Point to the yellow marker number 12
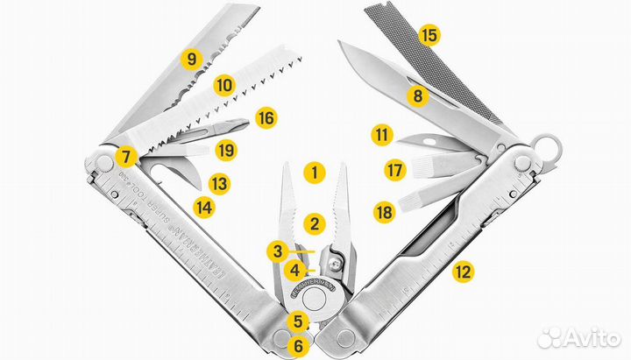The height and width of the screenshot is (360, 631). coord(463,272)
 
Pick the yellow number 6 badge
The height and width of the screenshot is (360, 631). coord(298,346)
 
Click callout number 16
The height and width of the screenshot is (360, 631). coord(266,116)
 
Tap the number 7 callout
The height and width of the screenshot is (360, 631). coord(126,158)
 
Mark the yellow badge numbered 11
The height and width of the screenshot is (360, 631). coord(380,136)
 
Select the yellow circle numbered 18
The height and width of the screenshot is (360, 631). coord(382,211)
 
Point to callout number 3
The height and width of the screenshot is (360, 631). coord(278,251)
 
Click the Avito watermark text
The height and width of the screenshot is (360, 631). coord(583,336)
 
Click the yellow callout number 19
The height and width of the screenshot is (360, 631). coord(227,149)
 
